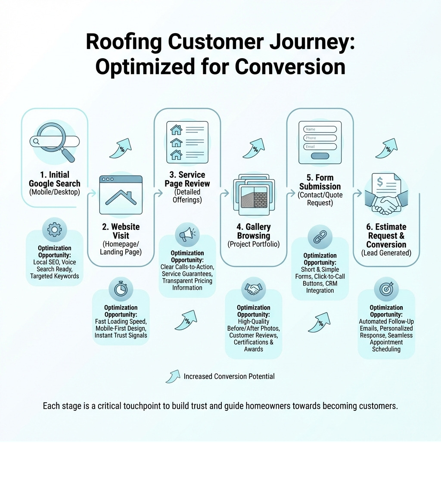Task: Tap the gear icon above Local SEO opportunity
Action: tap(54, 230)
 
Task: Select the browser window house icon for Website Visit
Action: tap(121, 195)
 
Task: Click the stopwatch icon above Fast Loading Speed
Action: tap(121, 289)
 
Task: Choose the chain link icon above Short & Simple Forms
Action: tap(320, 237)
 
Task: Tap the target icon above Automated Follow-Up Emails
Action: tap(386, 289)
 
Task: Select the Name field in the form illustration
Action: tap(320, 129)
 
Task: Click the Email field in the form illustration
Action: tap(320, 146)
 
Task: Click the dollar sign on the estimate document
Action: tap(380, 182)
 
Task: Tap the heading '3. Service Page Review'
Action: tap(187, 179)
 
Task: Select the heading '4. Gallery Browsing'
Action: tap(253, 231)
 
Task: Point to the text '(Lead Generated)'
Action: tap(386, 253)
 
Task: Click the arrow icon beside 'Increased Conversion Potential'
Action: tap(173, 376)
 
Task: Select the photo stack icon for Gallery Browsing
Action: tap(253, 194)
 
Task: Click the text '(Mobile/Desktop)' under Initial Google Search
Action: tap(54, 192)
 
